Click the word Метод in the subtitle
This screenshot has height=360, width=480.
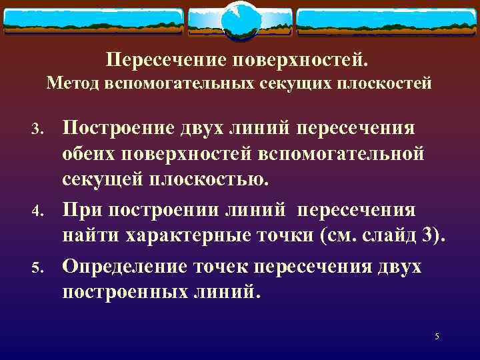click(70, 84)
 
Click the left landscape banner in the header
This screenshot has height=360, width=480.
click(93, 22)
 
